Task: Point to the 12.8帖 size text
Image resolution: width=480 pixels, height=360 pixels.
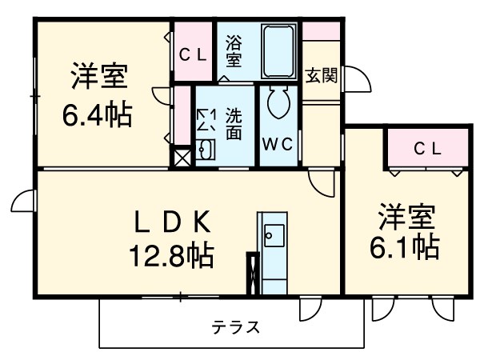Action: click(x=171, y=255)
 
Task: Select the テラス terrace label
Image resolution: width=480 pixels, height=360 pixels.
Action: click(x=235, y=326)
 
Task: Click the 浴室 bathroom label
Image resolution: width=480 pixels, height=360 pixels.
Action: click(x=234, y=50)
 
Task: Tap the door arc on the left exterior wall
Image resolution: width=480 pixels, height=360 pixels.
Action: click(x=24, y=202)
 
